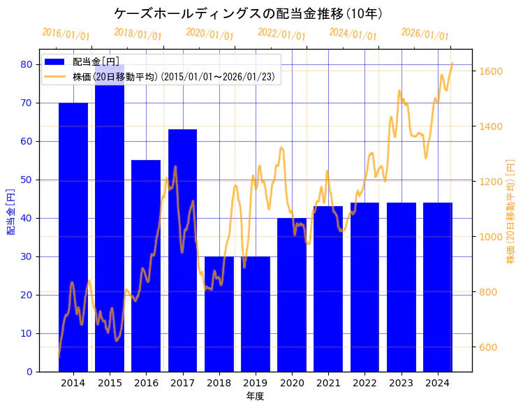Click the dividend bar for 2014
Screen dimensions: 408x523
pyautogui.click(x=73, y=237)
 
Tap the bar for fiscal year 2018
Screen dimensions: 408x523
pyautogui.click(x=219, y=314)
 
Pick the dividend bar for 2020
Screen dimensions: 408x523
pyautogui.click(x=292, y=294)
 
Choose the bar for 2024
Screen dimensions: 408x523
pyautogui.click(x=438, y=286)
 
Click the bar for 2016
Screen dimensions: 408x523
pyautogui.click(x=146, y=265)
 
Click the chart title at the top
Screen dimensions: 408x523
pyautogui.click(x=248, y=13)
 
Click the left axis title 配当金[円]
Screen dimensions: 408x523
pyautogui.click(x=11, y=211)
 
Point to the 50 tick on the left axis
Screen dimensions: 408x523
pyautogui.click(x=26, y=180)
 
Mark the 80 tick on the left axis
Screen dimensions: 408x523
pyautogui.click(x=26, y=64)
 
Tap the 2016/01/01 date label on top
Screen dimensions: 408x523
pyautogui.click(x=66, y=34)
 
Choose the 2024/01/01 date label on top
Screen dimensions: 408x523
pyautogui.click(x=353, y=34)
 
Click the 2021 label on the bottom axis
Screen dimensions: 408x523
pyautogui.click(x=328, y=383)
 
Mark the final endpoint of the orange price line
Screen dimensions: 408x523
pyautogui.click(x=452, y=64)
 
